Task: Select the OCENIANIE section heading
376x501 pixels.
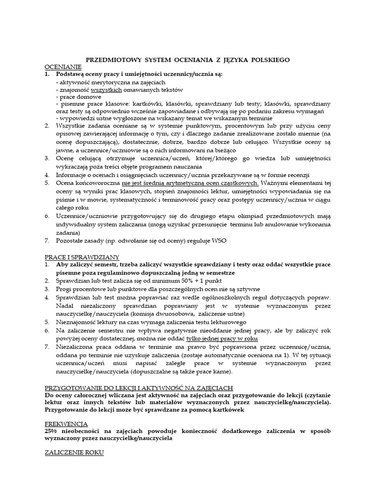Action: coord(63,67)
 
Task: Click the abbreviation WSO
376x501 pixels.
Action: coord(220,241)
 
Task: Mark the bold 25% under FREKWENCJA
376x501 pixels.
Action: coord(51,431)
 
